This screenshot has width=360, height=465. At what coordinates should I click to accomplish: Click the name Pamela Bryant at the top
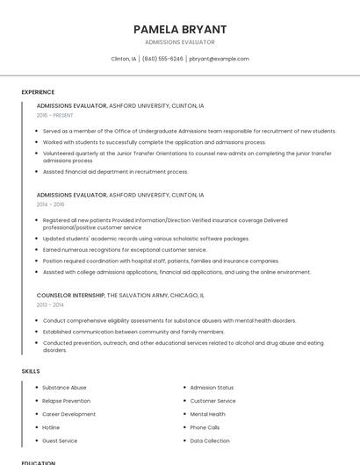[x=179, y=29]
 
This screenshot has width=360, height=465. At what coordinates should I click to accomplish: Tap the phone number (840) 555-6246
[x=162, y=59]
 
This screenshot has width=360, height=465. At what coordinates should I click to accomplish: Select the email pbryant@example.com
[x=219, y=59]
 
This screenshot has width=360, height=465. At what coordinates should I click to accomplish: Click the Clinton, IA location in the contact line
[x=124, y=59]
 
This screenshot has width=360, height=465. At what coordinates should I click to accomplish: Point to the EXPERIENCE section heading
[x=38, y=92]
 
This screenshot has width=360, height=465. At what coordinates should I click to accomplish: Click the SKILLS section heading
[x=31, y=371]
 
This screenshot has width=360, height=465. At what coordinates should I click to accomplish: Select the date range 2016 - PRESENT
[x=55, y=115]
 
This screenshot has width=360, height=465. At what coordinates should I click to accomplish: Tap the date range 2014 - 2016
[x=51, y=204]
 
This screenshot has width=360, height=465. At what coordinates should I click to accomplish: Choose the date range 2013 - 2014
[x=50, y=304]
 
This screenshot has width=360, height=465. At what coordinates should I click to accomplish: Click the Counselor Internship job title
[x=70, y=296]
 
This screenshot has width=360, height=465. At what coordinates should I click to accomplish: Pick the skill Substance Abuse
[x=64, y=387]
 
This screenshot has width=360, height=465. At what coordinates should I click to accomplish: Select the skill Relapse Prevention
[x=66, y=400]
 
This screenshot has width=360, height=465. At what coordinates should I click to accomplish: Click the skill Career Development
[x=68, y=413]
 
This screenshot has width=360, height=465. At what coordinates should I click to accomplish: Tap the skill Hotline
[x=52, y=427]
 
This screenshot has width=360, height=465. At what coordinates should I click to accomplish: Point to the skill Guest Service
[x=60, y=440]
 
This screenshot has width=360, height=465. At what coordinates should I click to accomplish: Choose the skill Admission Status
[x=212, y=387]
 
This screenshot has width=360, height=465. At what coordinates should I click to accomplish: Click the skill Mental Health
[x=207, y=413]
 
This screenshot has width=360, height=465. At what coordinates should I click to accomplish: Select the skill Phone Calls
[x=205, y=427]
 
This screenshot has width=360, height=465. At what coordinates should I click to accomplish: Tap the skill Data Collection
[x=210, y=440]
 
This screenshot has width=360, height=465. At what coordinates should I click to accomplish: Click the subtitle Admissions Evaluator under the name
[x=179, y=42]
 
